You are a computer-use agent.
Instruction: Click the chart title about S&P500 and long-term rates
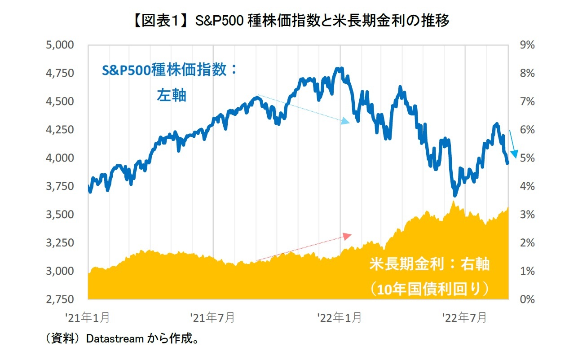coord(289,21)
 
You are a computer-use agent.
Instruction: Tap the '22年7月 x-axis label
coord(464,318)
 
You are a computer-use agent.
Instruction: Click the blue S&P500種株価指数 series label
coord(168,71)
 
